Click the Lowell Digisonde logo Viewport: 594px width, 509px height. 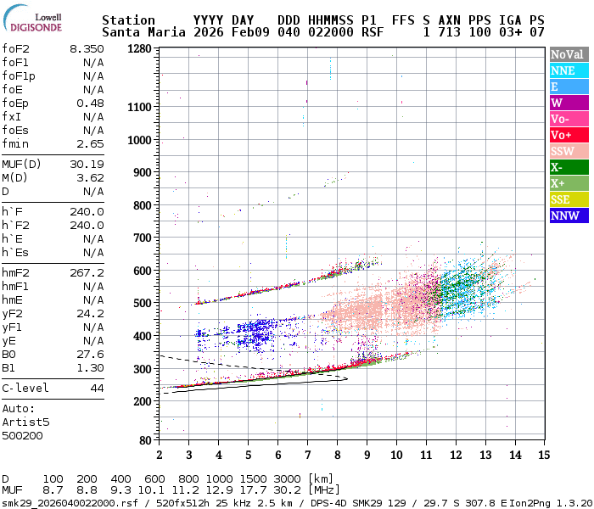click(31, 20)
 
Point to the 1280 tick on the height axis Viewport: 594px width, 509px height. click(138, 48)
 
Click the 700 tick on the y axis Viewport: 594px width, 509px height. click(142, 238)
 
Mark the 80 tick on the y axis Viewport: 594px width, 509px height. click(144, 440)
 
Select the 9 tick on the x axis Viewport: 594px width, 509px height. click(367, 455)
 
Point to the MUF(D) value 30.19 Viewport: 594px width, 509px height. click(87, 165)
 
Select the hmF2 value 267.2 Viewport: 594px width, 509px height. click(87, 273)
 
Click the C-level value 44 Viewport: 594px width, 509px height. click(97, 388)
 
